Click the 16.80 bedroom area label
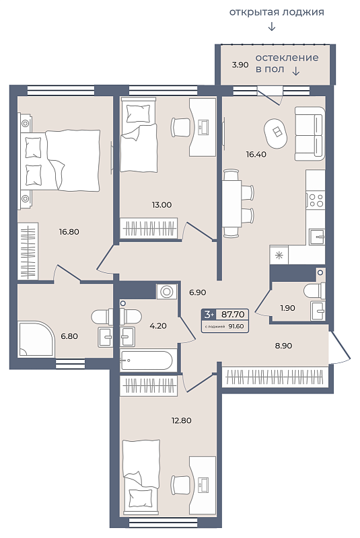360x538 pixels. (69, 232)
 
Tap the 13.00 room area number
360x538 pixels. (161, 205)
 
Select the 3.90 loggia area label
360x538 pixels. (240, 65)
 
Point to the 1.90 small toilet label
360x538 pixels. (287, 308)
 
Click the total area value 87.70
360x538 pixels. (233, 314)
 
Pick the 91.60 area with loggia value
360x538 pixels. (236, 326)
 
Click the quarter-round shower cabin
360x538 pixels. (36, 339)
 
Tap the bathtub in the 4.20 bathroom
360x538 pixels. (147, 360)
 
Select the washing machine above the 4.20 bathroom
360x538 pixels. (167, 292)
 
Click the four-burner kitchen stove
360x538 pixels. (316, 200)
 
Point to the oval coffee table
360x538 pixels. (276, 133)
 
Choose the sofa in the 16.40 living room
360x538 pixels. (310, 133)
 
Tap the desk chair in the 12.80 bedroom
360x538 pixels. (180, 485)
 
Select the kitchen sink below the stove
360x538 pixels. (316, 237)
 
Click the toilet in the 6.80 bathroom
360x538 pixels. (102, 316)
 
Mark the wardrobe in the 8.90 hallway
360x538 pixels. (275, 377)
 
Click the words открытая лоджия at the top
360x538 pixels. (277, 12)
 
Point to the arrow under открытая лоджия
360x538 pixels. (271, 26)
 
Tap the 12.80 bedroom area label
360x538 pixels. (181, 420)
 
